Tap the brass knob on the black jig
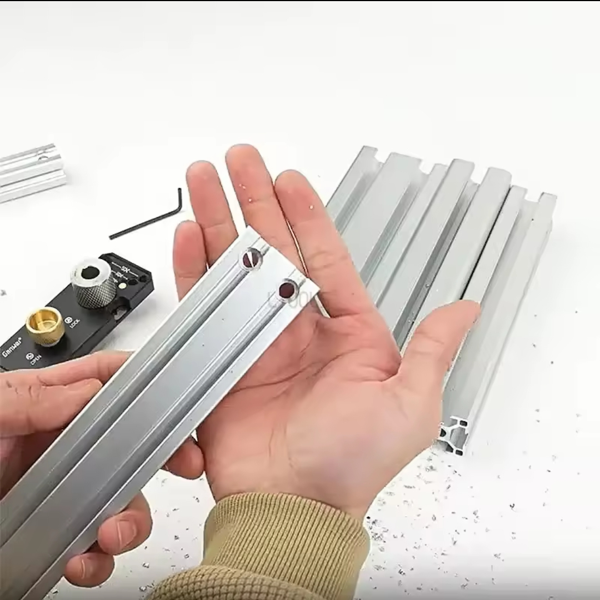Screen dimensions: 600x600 click(x=45, y=326)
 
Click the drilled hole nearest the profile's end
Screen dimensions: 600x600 click(x=287, y=289)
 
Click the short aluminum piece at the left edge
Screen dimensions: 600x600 click(x=31, y=172)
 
